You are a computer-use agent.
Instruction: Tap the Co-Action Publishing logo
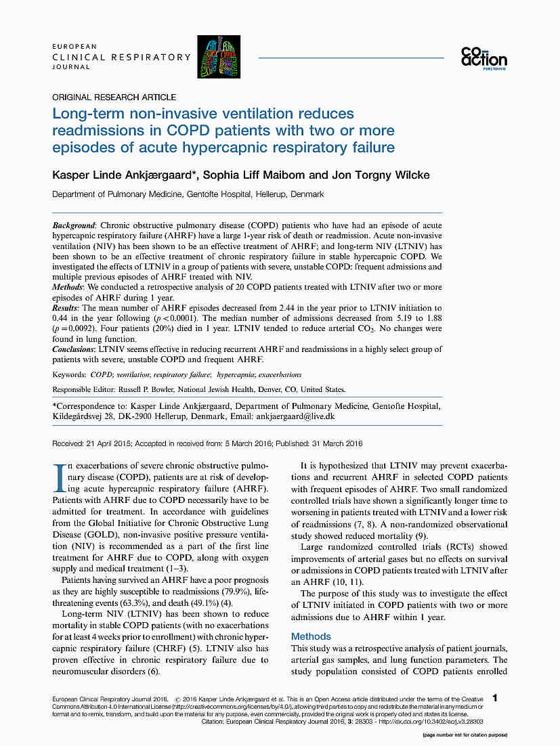[483, 58]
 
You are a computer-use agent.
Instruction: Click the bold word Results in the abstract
[66, 308]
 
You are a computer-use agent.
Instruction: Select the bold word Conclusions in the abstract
[74, 349]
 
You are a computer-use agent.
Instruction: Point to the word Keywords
[69, 374]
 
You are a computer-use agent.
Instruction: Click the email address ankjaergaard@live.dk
[295, 416]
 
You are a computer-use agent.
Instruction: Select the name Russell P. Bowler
[152, 389]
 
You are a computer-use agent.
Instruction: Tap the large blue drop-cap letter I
[57, 477]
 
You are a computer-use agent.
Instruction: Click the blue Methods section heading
[311, 636]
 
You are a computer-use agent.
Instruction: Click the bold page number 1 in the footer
[496, 698]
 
